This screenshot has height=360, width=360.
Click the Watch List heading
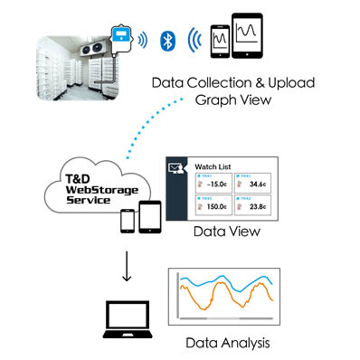click(x=215, y=167)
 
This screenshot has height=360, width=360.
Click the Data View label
click(x=228, y=233)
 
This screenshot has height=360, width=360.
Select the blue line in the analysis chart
click(x=226, y=281)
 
